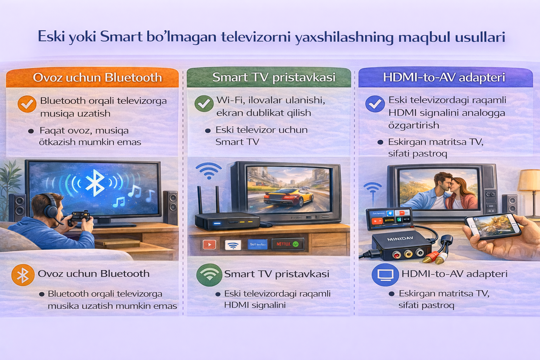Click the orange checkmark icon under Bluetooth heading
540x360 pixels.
(27, 104)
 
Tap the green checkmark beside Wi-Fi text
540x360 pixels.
(204, 103)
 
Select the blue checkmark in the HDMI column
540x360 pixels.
(375, 104)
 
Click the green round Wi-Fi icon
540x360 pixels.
(209, 275)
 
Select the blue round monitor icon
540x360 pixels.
(385, 275)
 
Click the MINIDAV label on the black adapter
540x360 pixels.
(400, 239)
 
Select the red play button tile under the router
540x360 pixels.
(209, 244)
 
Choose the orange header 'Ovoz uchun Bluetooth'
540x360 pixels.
(93, 78)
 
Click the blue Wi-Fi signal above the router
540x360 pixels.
(208, 171)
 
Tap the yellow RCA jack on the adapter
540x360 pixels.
(408, 253)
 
